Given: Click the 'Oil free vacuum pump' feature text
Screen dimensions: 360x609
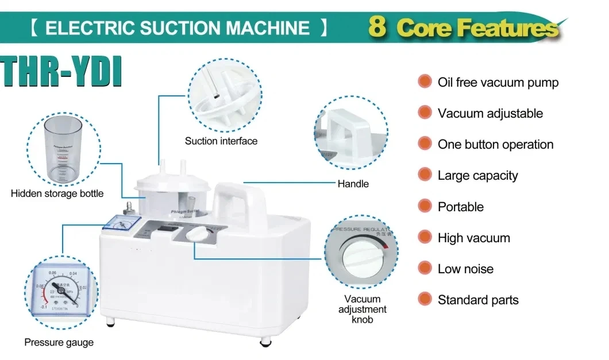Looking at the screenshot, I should pyautogui.click(x=498, y=83).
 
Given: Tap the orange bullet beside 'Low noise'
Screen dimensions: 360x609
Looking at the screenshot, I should pyautogui.click(x=425, y=268).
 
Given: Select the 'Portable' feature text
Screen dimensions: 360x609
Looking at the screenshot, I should pyautogui.click(x=460, y=207).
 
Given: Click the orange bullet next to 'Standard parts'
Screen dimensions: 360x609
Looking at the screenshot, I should pyautogui.click(x=425, y=299).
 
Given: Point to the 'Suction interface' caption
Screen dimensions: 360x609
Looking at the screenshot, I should pyautogui.click(x=221, y=141).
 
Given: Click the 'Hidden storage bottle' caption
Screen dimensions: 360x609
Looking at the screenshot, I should pyautogui.click(x=57, y=193).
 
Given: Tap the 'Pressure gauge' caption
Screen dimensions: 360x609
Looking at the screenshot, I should pyautogui.click(x=59, y=343).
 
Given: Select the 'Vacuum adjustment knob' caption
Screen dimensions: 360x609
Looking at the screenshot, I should pyautogui.click(x=362, y=309).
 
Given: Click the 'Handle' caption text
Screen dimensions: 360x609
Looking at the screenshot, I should pyautogui.click(x=353, y=184).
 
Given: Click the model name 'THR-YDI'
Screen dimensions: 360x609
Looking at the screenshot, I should pyautogui.click(x=62, y=71).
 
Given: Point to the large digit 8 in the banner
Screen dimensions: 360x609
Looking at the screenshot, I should pyautogui.click(x=377, y=27).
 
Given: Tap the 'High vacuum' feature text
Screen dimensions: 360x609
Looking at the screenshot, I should pyautogui.click(x=473, y=238).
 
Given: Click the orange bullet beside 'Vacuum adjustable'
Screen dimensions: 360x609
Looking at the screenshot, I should pyautogui.click(x=425, y=113).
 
